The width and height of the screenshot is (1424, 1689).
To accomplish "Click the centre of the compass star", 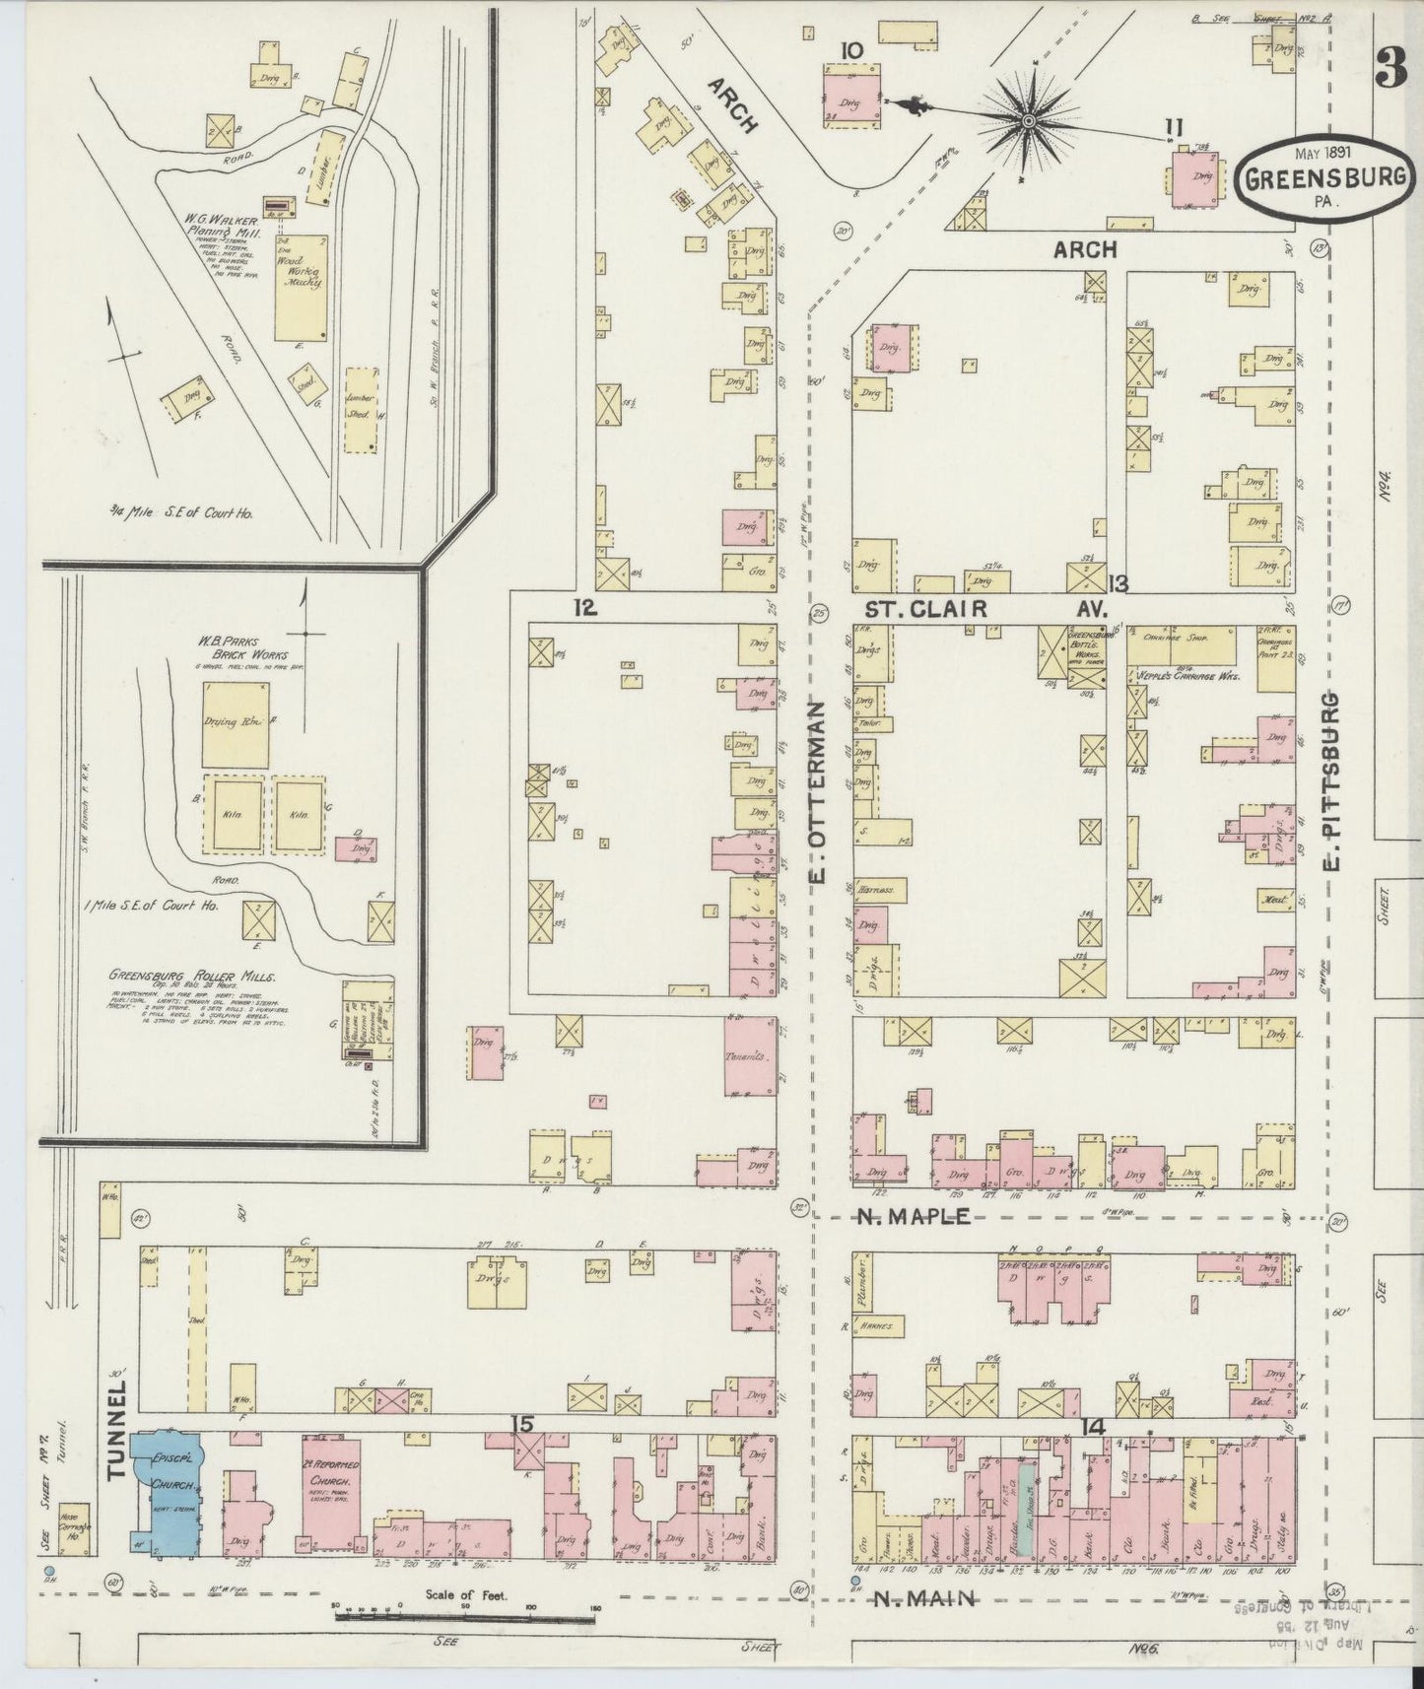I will (x=1028, y=120).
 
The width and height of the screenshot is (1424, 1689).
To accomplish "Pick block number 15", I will (x=522, y=1423).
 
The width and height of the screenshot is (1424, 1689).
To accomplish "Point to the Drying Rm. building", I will (x=236, y=723).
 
